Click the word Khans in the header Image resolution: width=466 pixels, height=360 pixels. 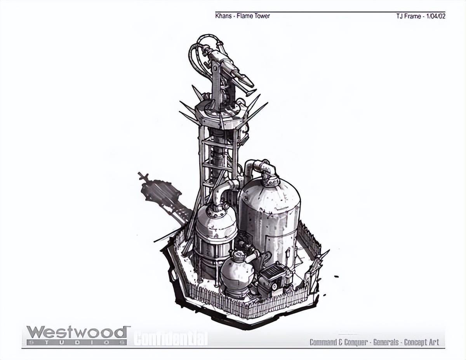tap(223, 16)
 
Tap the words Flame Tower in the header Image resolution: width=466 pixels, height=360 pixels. tap(253, 16)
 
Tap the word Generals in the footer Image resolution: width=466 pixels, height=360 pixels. tap(386, 342)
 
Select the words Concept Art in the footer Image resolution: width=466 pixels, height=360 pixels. tap(422, 342)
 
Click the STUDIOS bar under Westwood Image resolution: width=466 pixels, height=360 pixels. tap(77, 342)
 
